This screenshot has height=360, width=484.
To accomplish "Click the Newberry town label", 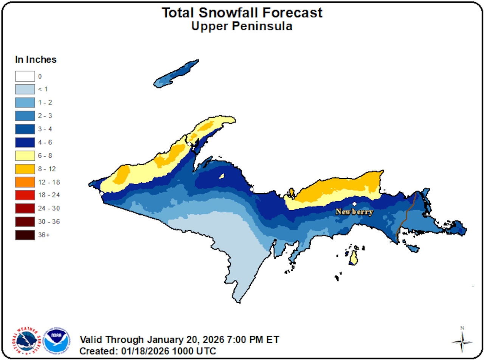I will [x=354, y=212].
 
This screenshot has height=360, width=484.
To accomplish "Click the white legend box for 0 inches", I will [x=25, y=76].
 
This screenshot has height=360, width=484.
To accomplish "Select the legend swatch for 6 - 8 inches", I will [x=25, y=155].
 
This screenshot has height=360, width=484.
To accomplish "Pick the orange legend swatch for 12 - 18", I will [x=25, y=182].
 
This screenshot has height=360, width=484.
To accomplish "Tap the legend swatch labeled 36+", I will [x=25, y=235].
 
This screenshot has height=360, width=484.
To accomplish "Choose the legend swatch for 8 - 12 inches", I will [x=25, y=169].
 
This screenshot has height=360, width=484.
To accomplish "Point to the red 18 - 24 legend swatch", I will [x=25, y=195].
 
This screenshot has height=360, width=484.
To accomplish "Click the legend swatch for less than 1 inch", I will [x=25, y=90].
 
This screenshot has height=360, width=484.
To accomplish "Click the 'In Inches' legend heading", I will [x=36, y=59].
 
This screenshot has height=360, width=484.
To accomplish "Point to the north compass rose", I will [x=462, y=340].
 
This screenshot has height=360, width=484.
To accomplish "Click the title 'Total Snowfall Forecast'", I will [x=242, y=13].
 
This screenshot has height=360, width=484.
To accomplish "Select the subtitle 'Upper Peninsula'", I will [x=242, y=26].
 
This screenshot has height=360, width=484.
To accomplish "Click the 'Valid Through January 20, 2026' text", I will [x=180, y=339].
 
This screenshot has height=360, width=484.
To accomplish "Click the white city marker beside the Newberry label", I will [x=354, y=204].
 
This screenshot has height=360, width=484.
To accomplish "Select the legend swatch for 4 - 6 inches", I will [x=25, y=142].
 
